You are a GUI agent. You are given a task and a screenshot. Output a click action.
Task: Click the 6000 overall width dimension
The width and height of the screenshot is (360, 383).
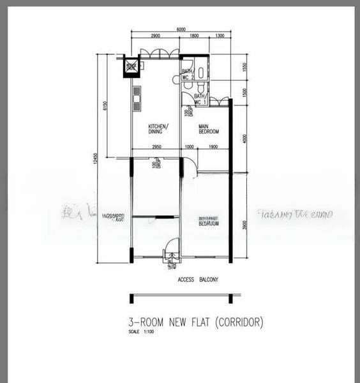click(x=181, y=29)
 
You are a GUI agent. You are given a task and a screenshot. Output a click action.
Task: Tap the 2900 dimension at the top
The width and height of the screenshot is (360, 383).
click(x=155, y=36)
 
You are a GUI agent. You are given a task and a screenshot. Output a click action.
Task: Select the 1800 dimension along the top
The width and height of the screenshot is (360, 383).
click(x=195, y=36)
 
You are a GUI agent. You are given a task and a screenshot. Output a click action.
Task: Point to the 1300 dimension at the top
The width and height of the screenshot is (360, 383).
click(x=219, y=36)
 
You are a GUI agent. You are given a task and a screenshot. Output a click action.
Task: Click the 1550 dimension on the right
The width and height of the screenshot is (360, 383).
click(x=244, y=67)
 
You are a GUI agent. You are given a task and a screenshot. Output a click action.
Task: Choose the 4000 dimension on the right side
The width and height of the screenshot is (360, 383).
click(x=244, y=138)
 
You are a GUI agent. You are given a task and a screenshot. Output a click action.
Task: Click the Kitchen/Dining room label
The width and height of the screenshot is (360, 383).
click(x=158, y=128)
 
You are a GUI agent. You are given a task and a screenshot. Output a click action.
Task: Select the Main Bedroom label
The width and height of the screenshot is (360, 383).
click(x=208, y=129)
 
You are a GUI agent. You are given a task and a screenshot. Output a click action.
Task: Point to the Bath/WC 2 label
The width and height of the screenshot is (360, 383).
click(x=187, y=74)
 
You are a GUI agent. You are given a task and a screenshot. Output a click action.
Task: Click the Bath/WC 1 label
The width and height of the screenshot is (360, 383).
click(x=200, y=99)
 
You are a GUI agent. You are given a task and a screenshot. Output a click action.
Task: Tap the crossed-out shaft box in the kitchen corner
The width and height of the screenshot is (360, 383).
click(x=132, y=66)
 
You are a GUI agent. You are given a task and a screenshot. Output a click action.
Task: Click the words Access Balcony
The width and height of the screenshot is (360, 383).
click(x=198, y=280)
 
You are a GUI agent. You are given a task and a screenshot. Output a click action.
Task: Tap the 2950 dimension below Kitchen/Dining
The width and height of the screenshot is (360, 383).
click(x=156, y=147)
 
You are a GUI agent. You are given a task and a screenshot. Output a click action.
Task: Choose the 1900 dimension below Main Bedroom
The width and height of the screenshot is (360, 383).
click(x=213, y=147)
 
